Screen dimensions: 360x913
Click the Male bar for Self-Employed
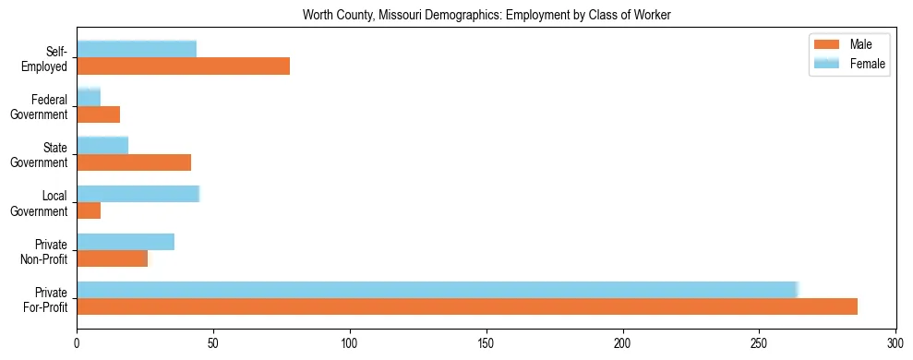pos(183,66)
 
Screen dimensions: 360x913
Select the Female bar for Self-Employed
pos(137,49)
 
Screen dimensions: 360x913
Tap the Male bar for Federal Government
pos(98,114)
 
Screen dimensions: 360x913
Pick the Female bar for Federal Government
pos(89,97)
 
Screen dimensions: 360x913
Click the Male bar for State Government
pos(134,162)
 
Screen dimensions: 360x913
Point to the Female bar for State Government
pos(102,145)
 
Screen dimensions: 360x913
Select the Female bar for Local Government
pos(138,194)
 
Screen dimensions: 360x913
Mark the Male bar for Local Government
pos(89,210)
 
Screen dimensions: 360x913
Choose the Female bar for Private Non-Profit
pos(126,242)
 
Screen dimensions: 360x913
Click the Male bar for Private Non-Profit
pos(112,258)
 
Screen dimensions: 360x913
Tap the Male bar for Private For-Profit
pos(467,306)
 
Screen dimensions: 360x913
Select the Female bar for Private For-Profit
pos(437,290)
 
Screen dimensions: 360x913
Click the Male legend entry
pos(848,44)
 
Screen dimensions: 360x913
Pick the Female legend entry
pos(848,63)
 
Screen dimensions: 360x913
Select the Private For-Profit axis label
pos(45,299)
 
